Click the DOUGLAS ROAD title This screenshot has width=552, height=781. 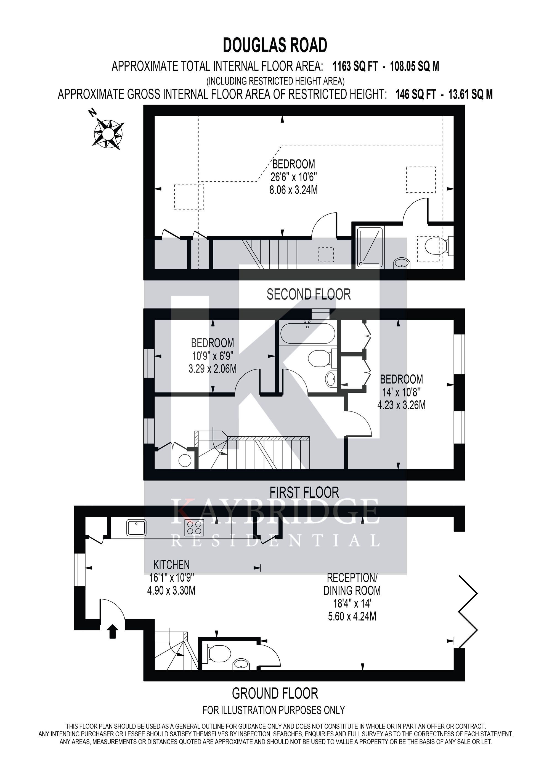click(x=275, y=45)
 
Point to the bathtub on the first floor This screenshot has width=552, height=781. click(x=307, y=333)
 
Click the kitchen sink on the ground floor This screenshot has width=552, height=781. click(x=136, y=527)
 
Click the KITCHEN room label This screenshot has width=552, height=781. click(x=171, y=565)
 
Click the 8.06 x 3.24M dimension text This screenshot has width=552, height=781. click(x=294, y=190)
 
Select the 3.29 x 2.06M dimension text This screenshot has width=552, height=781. click(x=213, y=368)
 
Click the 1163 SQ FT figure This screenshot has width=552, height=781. click(x=355, y=66)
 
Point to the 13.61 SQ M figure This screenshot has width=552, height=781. click(x=471, y=94)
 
